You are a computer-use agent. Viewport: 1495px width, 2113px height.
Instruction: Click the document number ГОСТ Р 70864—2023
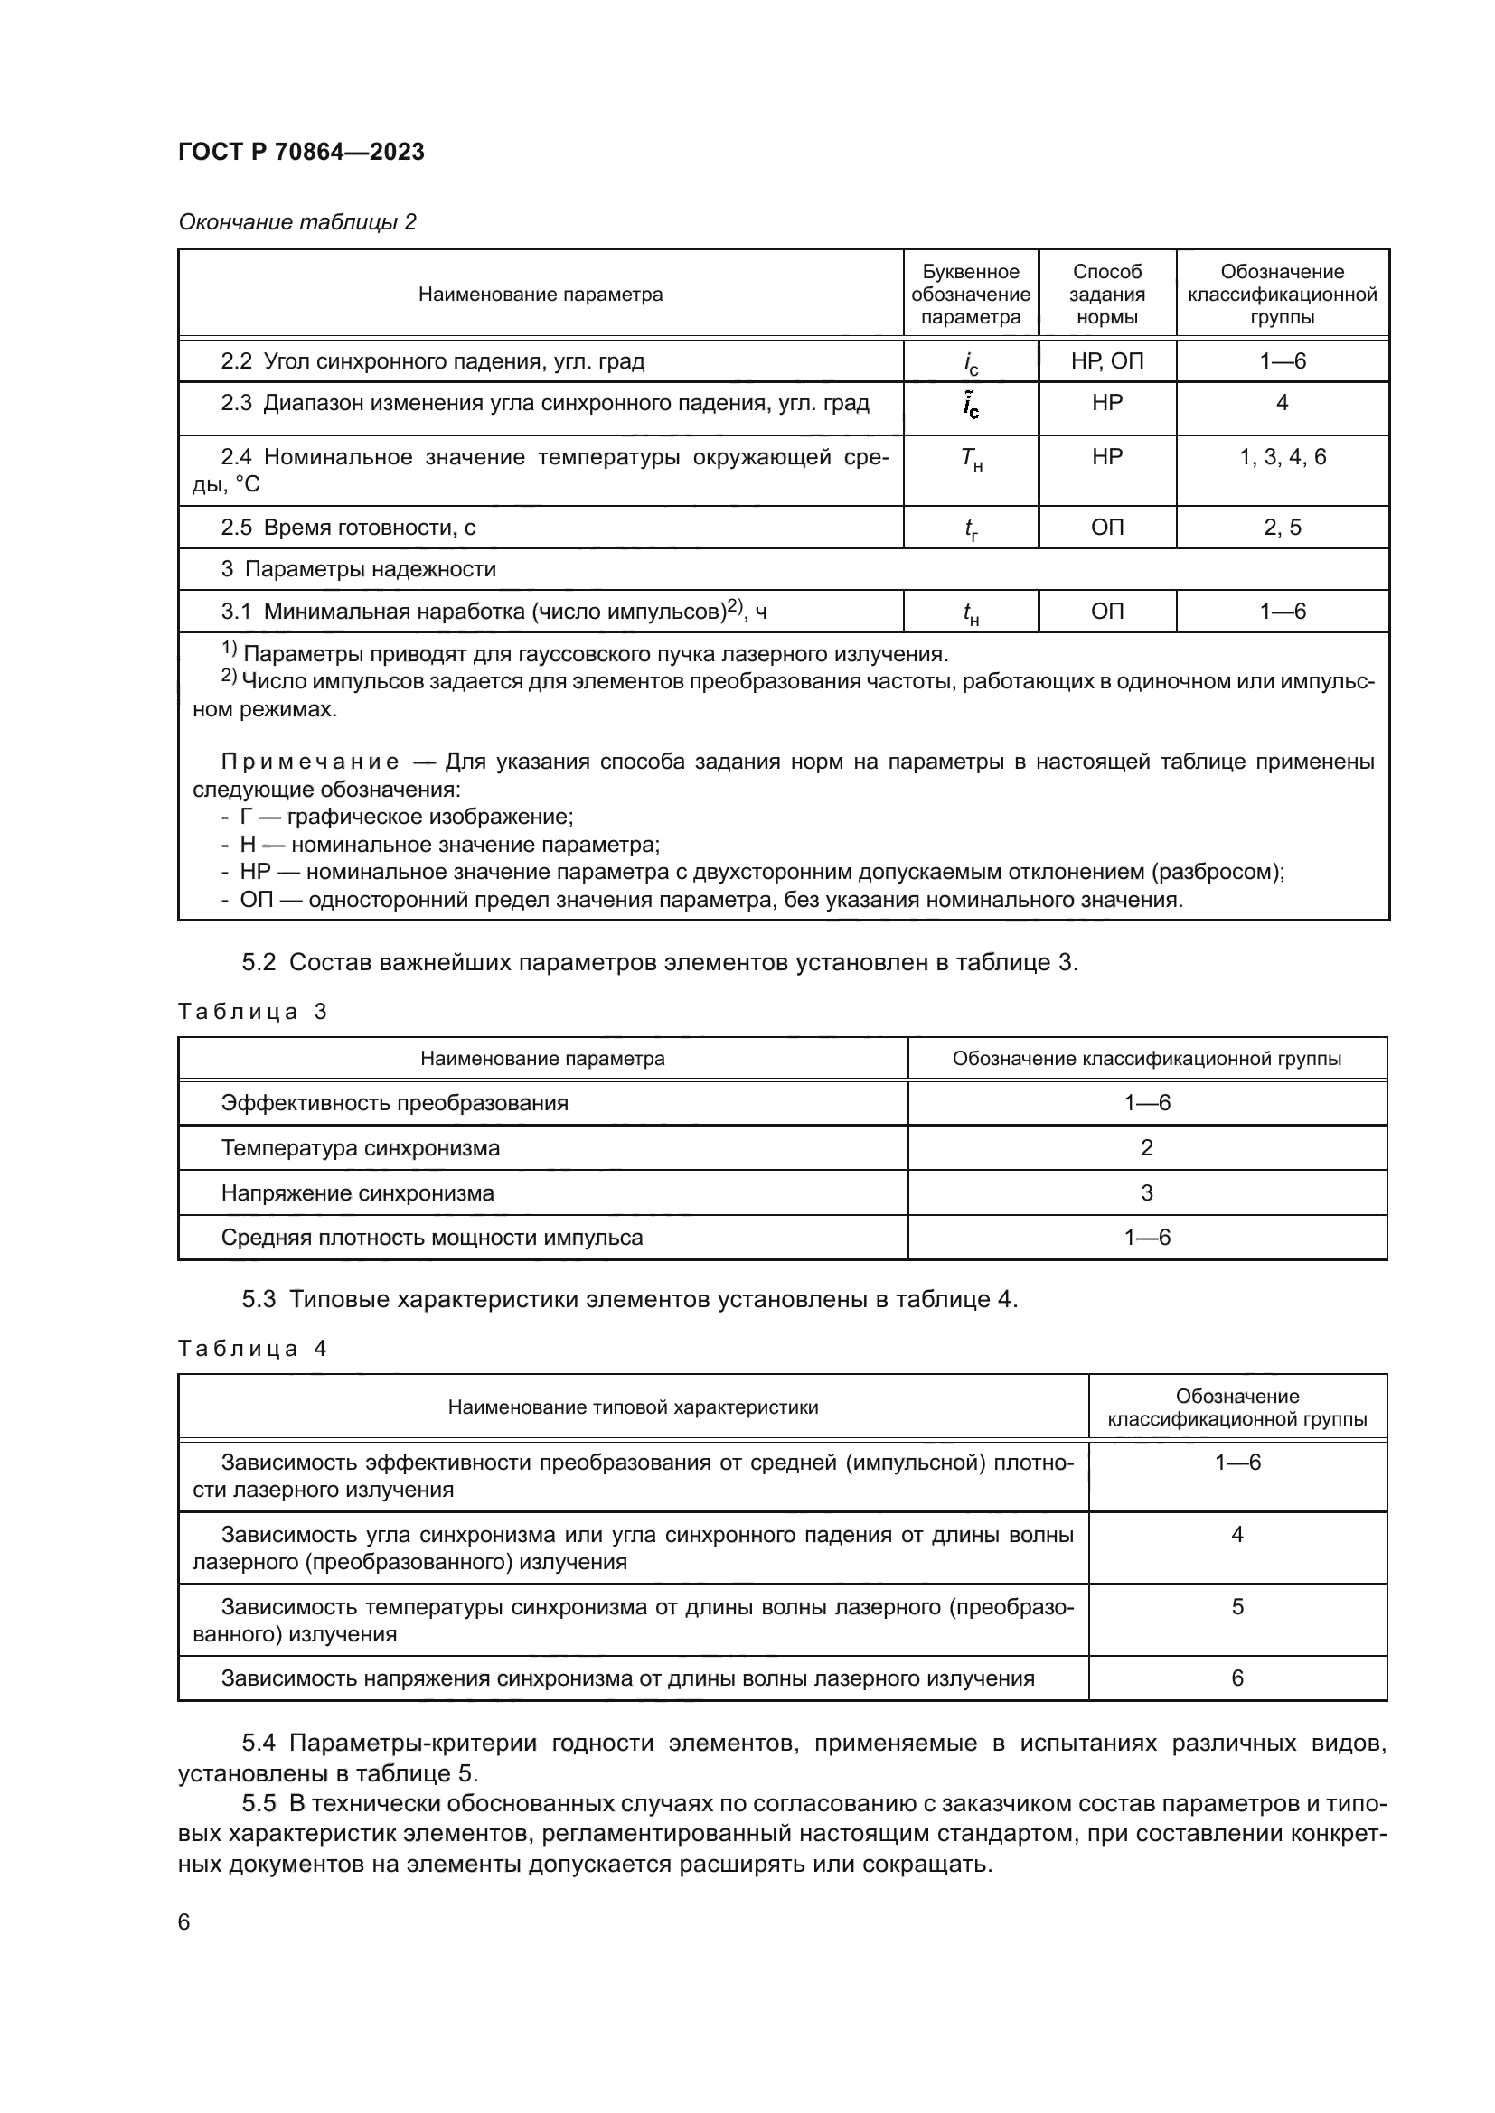coord(301,152)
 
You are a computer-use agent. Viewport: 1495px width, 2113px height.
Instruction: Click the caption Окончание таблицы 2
coord(296,222)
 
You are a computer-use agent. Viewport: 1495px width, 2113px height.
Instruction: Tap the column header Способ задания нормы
coord(1106,295)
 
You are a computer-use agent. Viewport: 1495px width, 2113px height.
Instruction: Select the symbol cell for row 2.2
coord(970,362)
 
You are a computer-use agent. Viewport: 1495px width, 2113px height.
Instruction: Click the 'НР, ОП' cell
coord(1106,360)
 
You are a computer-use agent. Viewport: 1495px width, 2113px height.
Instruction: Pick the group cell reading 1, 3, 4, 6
coord(1282,457)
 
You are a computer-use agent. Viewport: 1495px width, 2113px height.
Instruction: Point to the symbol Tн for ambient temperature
coord(970,459)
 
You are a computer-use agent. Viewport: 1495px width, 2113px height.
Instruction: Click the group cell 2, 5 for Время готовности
coord(1282,528)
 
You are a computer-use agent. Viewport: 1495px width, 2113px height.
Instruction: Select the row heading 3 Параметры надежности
coord(358,569)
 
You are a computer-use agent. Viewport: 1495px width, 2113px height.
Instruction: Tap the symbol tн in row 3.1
coord(970,612)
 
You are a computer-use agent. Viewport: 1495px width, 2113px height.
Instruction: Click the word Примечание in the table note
coord(310,762)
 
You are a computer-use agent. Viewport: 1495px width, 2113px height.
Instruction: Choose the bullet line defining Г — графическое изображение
coord(397,818)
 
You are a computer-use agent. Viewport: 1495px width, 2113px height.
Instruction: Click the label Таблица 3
coord(252,1013)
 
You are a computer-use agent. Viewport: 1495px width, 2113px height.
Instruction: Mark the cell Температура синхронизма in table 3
coord(360,1147)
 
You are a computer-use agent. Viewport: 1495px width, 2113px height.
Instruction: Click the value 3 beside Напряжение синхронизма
coord(1146,1192)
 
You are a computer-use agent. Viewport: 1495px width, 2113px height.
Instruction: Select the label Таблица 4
coord(252,1349)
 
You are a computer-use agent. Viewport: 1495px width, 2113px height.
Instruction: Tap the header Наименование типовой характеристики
coord(633,1407)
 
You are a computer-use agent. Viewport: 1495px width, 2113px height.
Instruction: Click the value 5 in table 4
coord(1236,1607)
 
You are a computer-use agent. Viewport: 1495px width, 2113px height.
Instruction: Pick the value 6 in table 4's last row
coord(1236,1678)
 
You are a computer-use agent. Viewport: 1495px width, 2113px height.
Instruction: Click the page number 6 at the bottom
coord(184,1922)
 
